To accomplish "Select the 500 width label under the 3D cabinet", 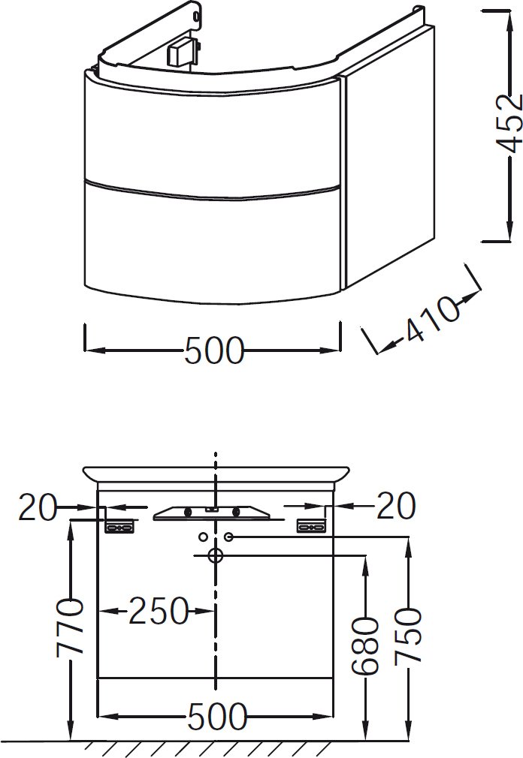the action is point(214,350).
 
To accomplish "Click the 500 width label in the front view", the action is point(216,716).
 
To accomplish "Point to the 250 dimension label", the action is point(159,611).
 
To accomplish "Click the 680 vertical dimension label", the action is point(364,645).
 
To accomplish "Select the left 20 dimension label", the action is point(38,507).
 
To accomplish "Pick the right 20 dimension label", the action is point(396,506).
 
